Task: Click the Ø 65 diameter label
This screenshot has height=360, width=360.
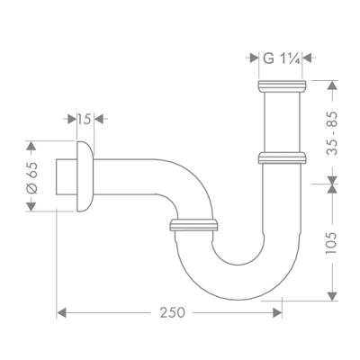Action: tap(33, 175)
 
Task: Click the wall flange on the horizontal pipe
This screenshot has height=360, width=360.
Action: tap(83, 175)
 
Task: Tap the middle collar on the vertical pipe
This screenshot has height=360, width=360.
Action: tap(283, 158)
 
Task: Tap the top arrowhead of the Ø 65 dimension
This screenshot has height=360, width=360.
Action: tap(33, 145)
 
